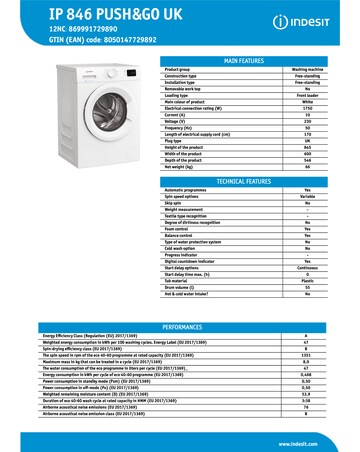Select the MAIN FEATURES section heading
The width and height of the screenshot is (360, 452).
[x=244, y=61]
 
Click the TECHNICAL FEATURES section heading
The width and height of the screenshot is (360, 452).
[x=244, y=182]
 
